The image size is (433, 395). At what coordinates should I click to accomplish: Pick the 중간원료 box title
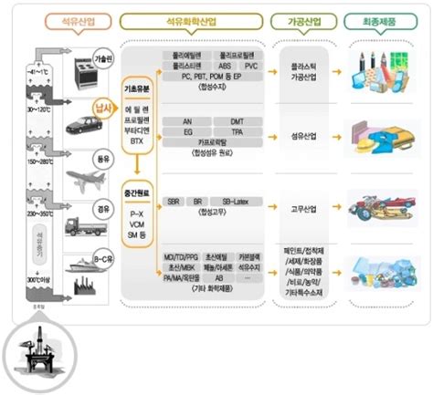click(x=136, y=192)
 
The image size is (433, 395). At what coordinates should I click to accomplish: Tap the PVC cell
click(x=250, y=65)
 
